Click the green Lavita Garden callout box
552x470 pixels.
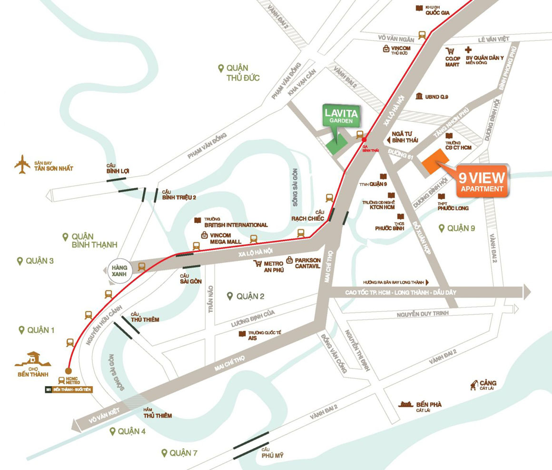click(x=341, y=116)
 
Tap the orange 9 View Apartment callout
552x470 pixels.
click(x=481, y=181)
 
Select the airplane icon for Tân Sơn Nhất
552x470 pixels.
click(x=22, y=164)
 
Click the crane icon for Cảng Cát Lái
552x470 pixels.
click(x=473, y=385)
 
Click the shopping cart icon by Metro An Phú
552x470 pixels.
click(x=258, y=263)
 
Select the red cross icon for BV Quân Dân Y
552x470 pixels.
click(x=468, y=50)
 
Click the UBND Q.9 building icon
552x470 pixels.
click(x=419, y=97)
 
